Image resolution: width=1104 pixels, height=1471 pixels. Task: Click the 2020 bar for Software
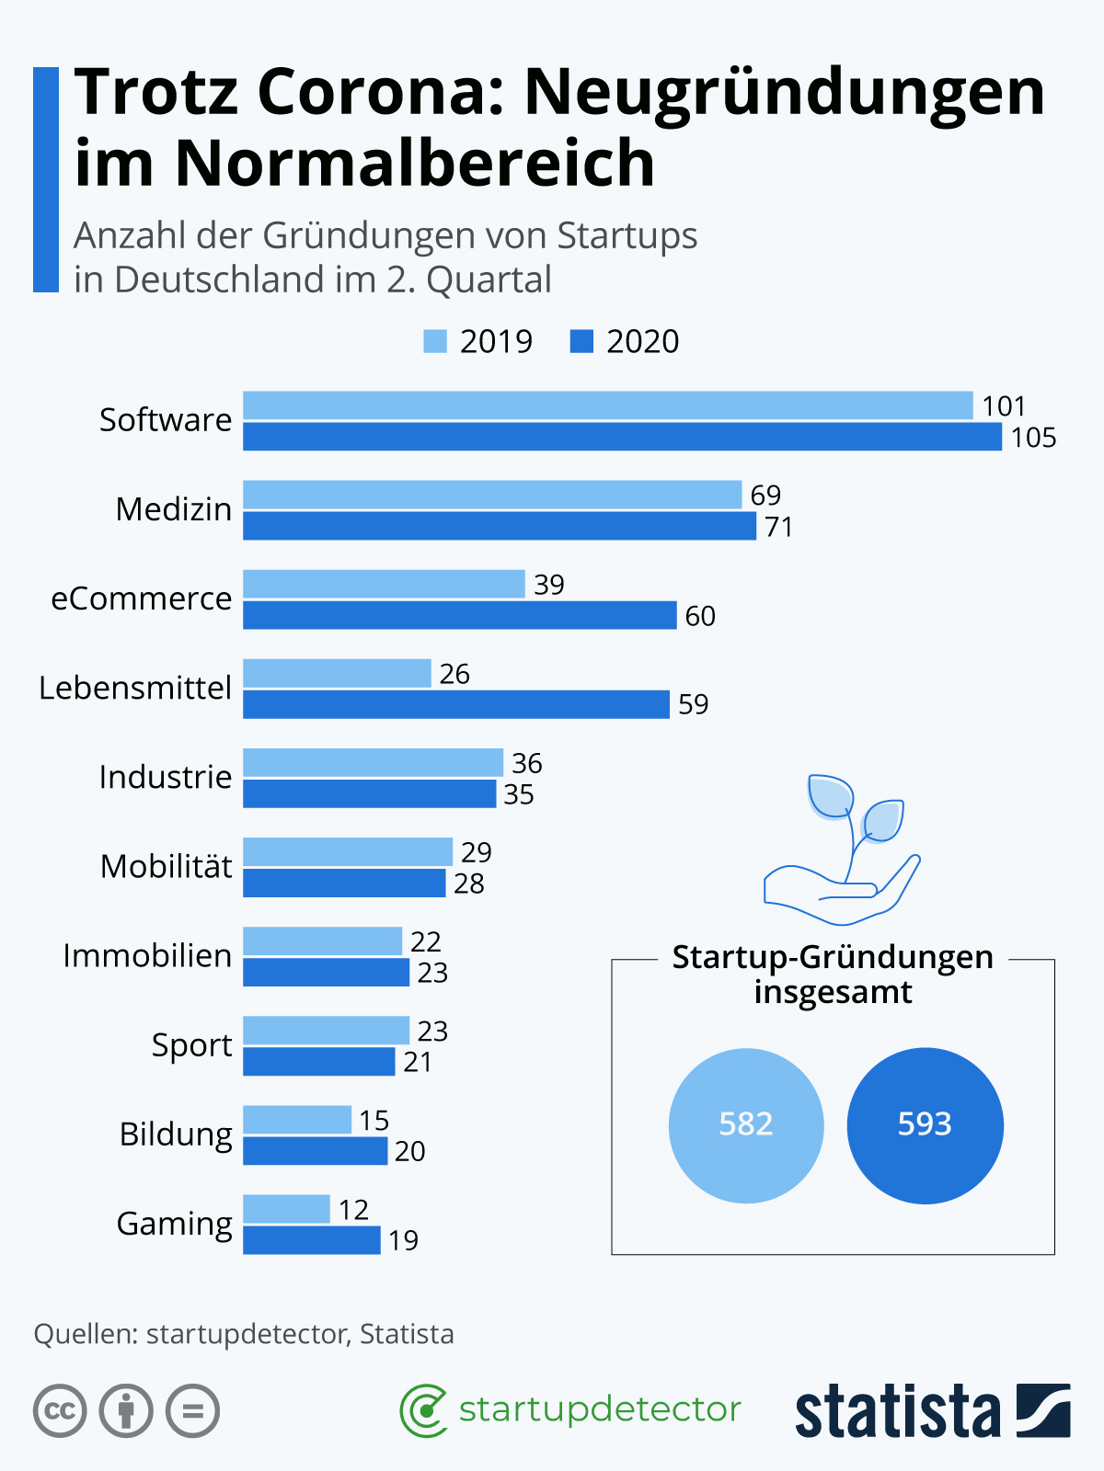(x=622, y=437)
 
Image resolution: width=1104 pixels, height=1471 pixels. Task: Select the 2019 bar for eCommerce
(x=384, y=584)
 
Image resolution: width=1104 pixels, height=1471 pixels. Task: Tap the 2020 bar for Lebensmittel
(x=455, y=704)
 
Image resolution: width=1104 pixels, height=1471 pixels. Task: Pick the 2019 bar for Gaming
(x=286, y=1208)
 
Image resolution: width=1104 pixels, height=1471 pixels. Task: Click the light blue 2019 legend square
(x=435, y=341)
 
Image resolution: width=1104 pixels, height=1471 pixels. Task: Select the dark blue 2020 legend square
(x=581, y=341)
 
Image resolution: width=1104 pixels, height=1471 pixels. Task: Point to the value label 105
(x=1033, y=438)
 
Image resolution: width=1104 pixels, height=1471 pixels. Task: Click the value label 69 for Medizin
(x=765, y=496)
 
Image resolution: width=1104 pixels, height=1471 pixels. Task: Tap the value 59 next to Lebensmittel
(x=693, y=704)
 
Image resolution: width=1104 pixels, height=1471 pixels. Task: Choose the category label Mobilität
(x=166, y=866)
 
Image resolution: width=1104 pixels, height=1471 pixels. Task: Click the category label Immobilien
(x=147, y=955)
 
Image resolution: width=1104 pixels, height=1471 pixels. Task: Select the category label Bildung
(x=176, y=1135)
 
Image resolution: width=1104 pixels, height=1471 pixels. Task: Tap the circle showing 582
(x=746, y=1125)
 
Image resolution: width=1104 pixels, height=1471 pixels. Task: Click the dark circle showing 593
(x=925, y=1125)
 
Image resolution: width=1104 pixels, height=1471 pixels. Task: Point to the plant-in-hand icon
(x=842, y=850)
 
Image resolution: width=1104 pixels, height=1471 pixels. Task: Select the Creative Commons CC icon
(x=60, y=1410)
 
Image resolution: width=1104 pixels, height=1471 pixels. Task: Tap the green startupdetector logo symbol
(x=423, y=1410)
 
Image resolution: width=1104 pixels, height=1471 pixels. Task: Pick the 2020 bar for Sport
(x=318, y=1061)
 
